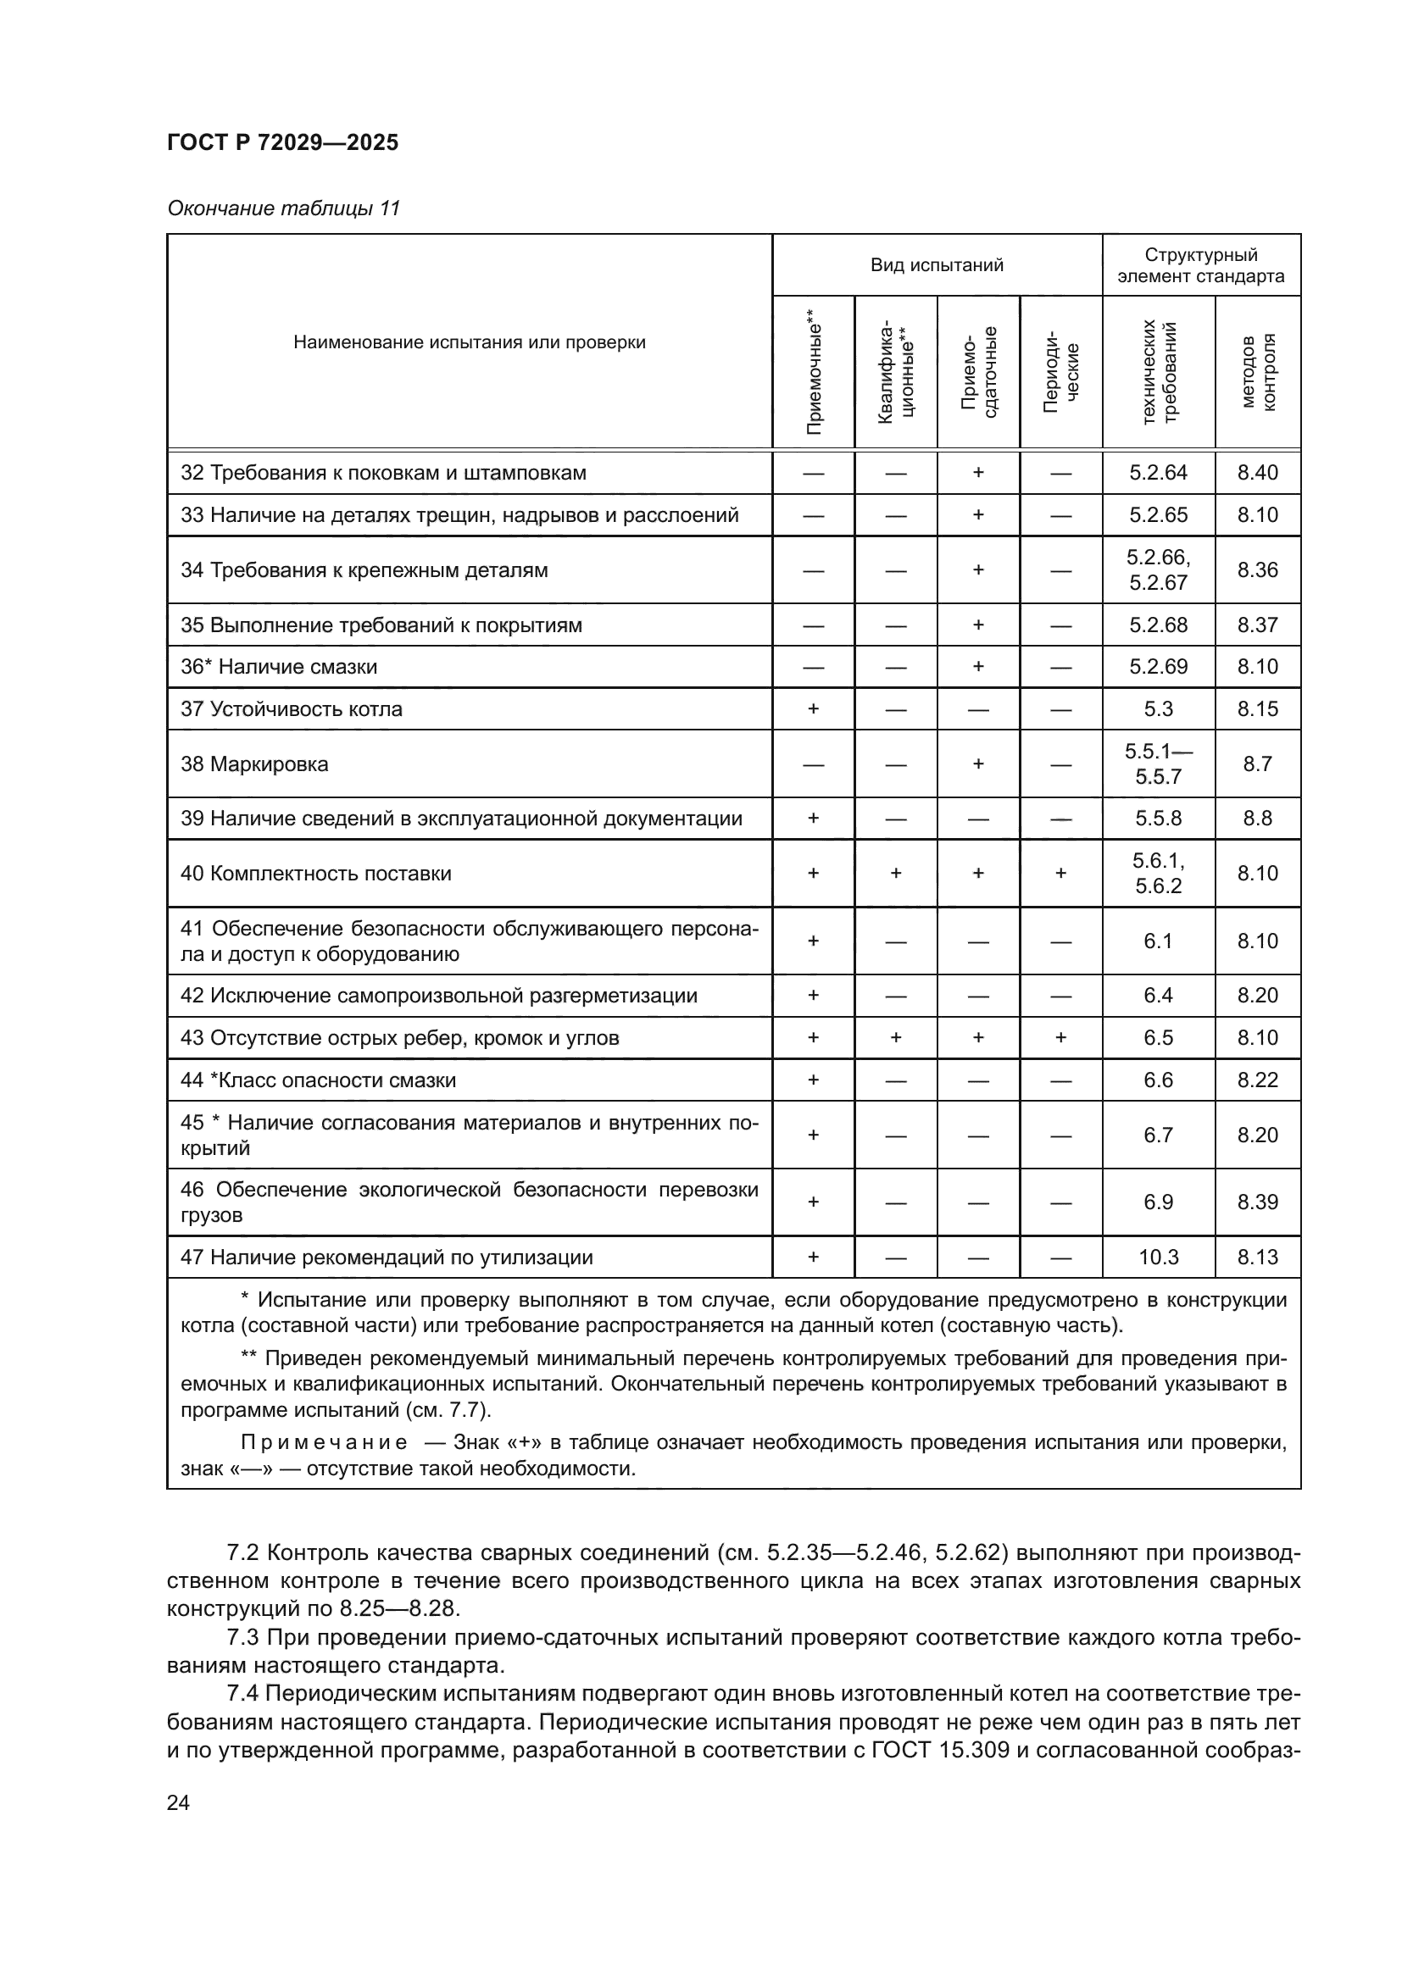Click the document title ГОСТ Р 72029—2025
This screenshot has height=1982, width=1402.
tap(282, 142)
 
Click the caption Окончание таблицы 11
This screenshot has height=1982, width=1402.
tap(283, 208)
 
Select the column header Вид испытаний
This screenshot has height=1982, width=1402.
tap(937, 265)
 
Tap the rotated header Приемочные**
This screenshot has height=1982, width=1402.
tap(813, 371)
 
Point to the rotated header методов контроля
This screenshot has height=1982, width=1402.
tap(1258, 371)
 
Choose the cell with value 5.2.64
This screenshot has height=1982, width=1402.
tap(1158, 472)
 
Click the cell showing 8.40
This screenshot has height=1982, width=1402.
tap(1257, 472)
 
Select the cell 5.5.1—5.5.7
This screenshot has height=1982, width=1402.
tap(1158, 763)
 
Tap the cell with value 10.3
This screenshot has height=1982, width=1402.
tap(1158, 1257)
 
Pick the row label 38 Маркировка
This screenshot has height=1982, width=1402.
tap(253, 764)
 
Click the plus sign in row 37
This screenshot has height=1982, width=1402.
tap(812, 708)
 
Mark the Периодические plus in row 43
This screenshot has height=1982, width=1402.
tap(1060, 1038)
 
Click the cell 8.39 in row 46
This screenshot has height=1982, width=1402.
tap(1257, 1202)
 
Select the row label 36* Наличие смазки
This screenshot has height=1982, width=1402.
tap(278, 666)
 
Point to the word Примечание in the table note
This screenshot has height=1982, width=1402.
tap(324, 1442)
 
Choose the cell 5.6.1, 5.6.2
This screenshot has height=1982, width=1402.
tap(1158, 873)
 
